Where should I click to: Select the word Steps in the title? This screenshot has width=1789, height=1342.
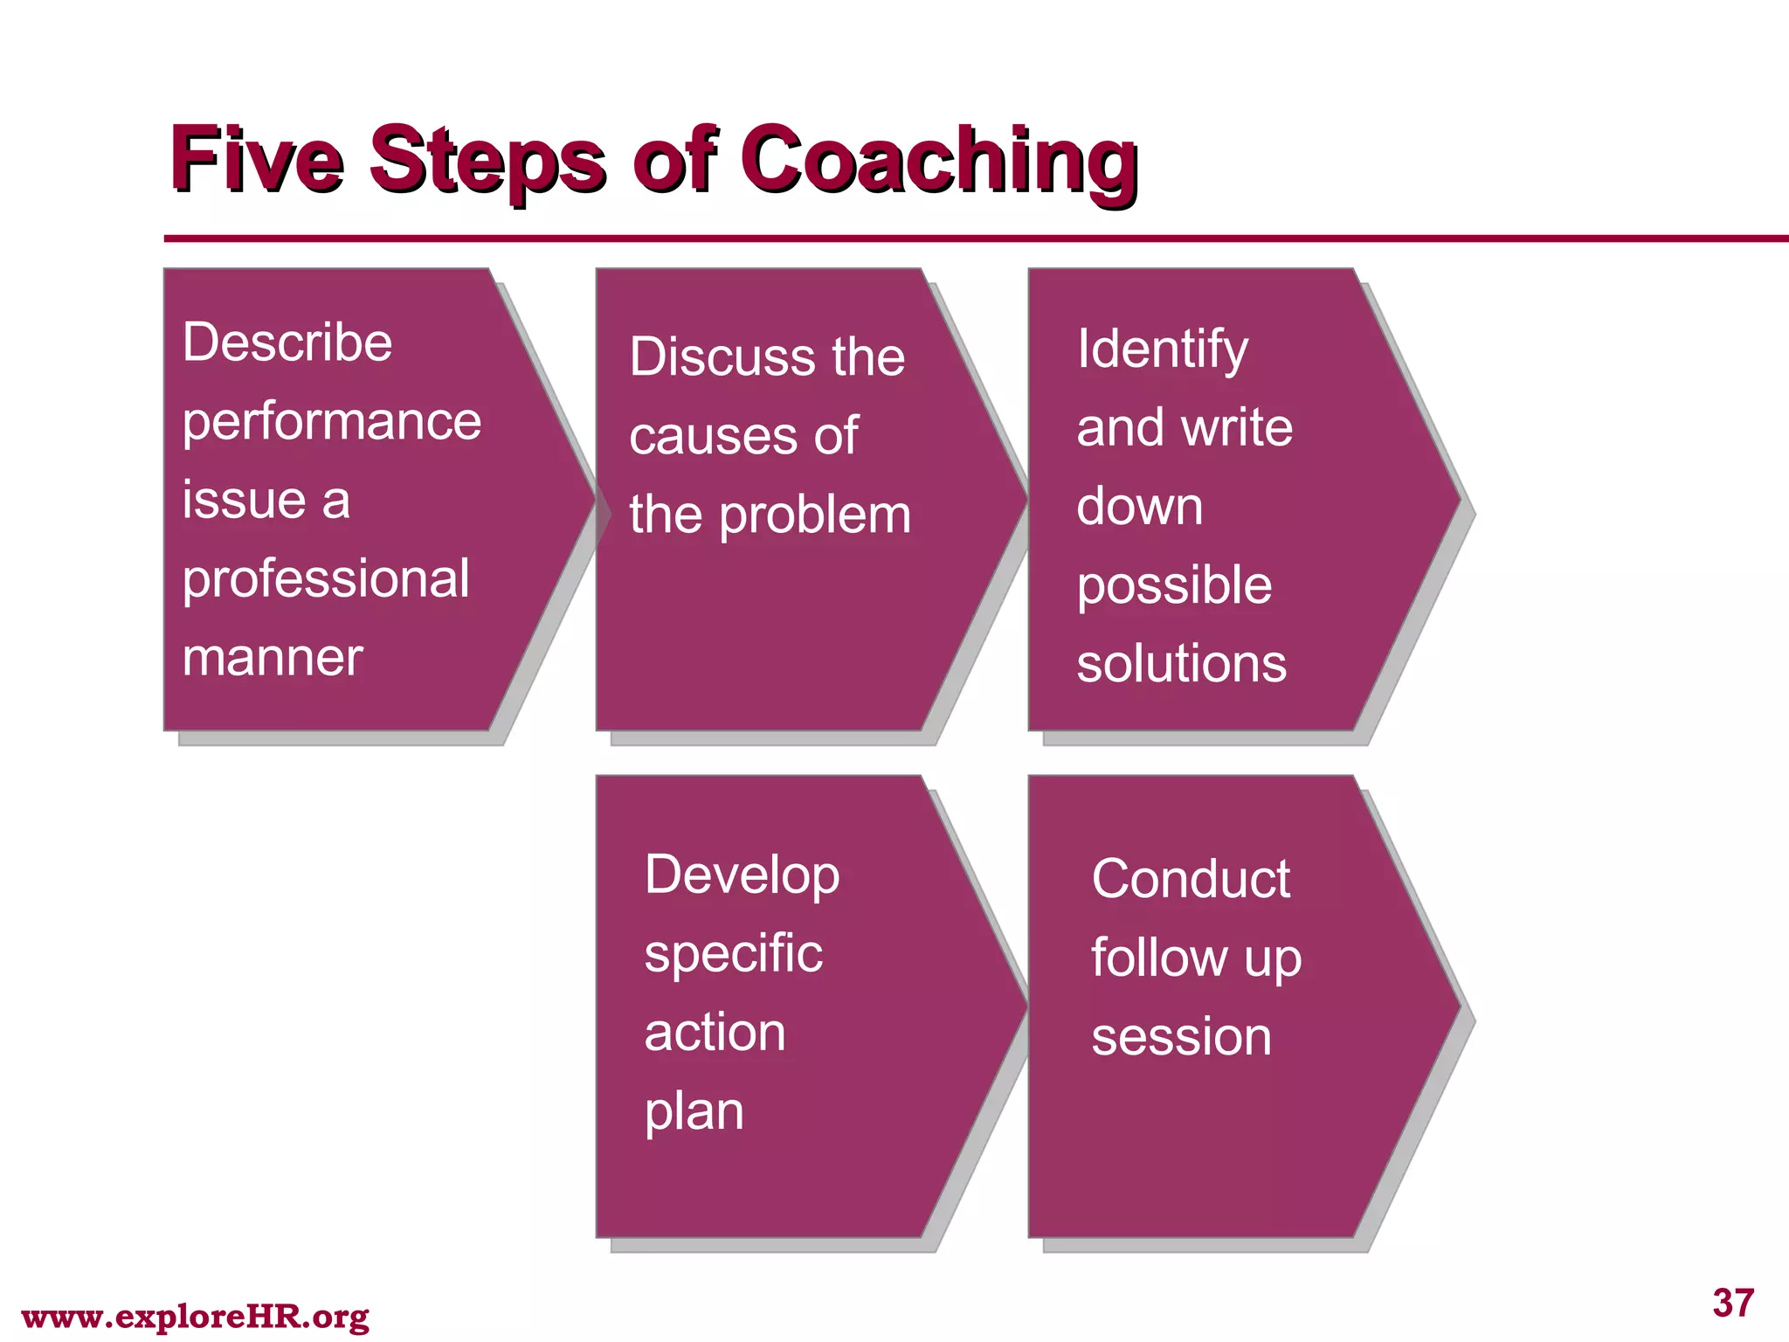(487, 162)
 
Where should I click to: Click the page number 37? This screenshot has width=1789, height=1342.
(1733, 1303)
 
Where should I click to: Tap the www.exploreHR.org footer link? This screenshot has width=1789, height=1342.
(195, 1317)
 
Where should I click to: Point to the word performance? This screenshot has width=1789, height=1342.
(332, 423)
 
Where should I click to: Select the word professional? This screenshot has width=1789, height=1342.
(326, 580)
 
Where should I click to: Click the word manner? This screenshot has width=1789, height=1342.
(273, 658)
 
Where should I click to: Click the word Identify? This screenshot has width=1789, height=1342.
(1162, 350)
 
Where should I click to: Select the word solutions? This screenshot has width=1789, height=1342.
(1181, 664)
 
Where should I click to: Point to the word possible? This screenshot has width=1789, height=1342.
(1174, 586)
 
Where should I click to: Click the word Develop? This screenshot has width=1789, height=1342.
(742, 875)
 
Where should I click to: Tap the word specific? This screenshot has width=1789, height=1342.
(733, 954)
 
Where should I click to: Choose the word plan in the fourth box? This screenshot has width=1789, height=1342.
(694, 1113)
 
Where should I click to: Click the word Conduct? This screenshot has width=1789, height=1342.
(1191, 879)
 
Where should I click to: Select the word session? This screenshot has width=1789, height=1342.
(1181, 1037)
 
